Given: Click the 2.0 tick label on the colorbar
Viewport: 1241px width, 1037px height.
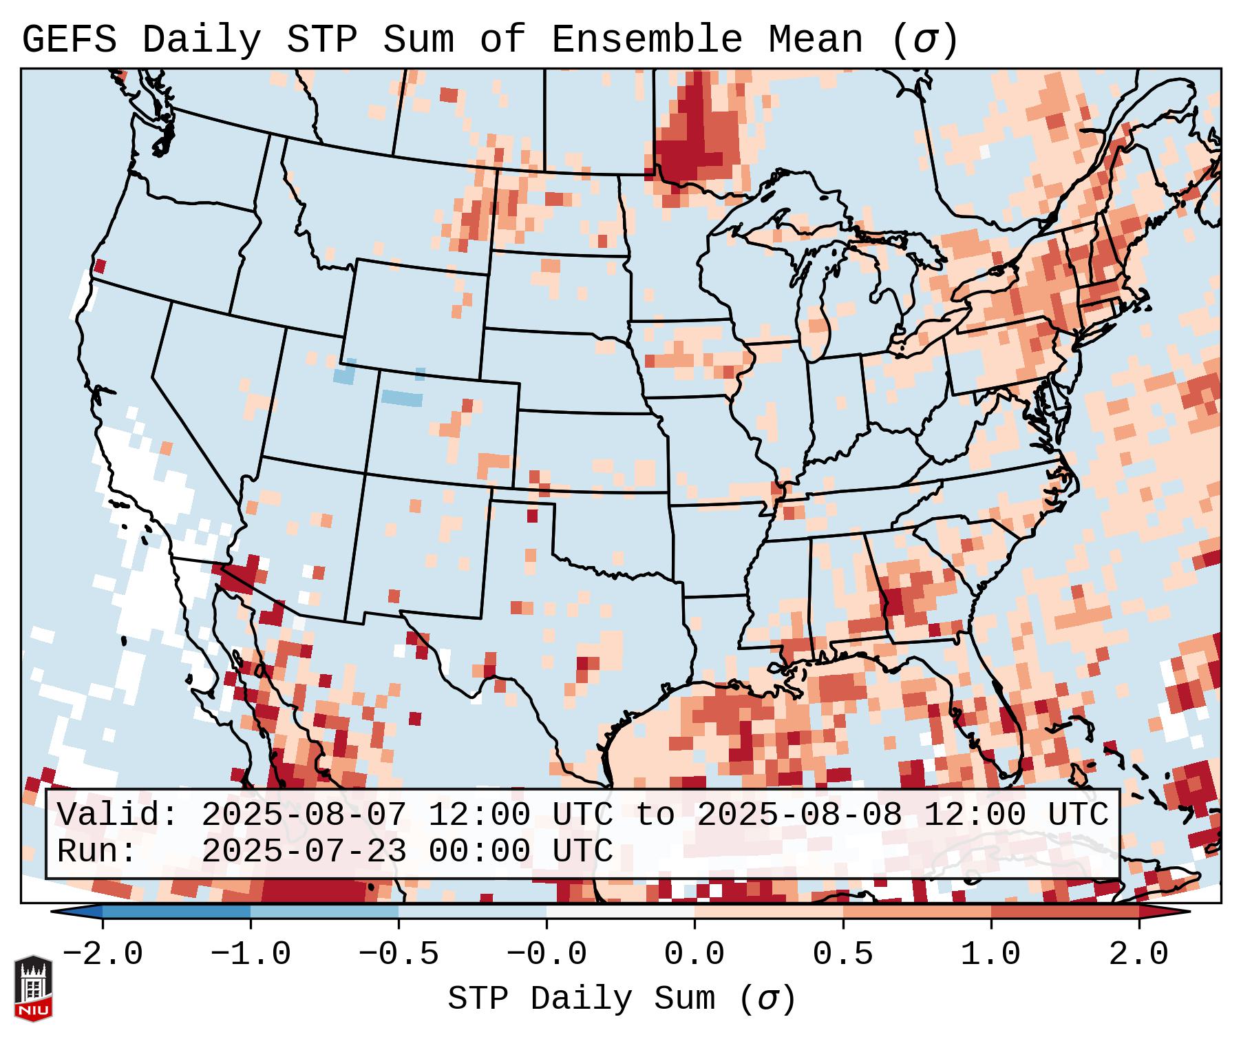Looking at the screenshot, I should pos(1138,954).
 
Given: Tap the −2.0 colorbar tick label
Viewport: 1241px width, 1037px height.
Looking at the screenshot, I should pos(103,954).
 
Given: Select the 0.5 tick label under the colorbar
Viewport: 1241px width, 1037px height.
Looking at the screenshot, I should pos(842,954).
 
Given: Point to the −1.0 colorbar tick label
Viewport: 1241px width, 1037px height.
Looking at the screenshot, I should pos(251,954).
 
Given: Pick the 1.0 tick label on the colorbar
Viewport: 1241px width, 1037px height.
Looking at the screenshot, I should pos(990,954).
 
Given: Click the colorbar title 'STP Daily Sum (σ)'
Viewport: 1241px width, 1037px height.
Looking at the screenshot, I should pos(622,999).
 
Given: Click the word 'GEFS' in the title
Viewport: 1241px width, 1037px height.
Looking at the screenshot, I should pos(69,40).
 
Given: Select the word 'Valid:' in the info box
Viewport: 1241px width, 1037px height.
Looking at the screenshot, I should pos(118,815).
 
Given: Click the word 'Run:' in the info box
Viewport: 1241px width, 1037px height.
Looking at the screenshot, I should pos(97,851).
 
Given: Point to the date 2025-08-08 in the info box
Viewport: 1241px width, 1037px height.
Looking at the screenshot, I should pos(799,815).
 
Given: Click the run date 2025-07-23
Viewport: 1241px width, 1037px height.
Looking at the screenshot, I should pos(304,851).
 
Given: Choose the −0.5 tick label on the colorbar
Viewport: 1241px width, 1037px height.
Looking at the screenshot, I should pos(399,954).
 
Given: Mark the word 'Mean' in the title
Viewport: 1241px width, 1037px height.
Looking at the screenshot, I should pos(815,40).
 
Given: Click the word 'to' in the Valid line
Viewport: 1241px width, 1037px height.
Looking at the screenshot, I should pos(655,815).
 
